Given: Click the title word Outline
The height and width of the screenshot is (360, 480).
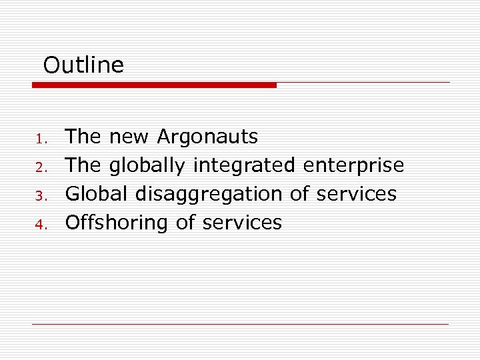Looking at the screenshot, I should click(83, 65).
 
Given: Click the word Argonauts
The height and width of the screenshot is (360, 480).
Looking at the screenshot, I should click(207, 137).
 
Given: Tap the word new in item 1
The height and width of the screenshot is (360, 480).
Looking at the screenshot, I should click(130, 137).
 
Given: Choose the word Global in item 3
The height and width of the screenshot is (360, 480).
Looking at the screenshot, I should click(97, 194).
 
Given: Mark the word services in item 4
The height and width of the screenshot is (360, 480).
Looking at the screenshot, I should click(242, 223).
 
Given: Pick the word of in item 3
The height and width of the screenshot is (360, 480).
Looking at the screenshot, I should click(299, 194).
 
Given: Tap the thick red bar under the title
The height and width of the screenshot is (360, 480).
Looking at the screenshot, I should click(154, 85).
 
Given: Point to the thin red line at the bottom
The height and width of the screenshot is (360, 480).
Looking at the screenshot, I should click(240, 324).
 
